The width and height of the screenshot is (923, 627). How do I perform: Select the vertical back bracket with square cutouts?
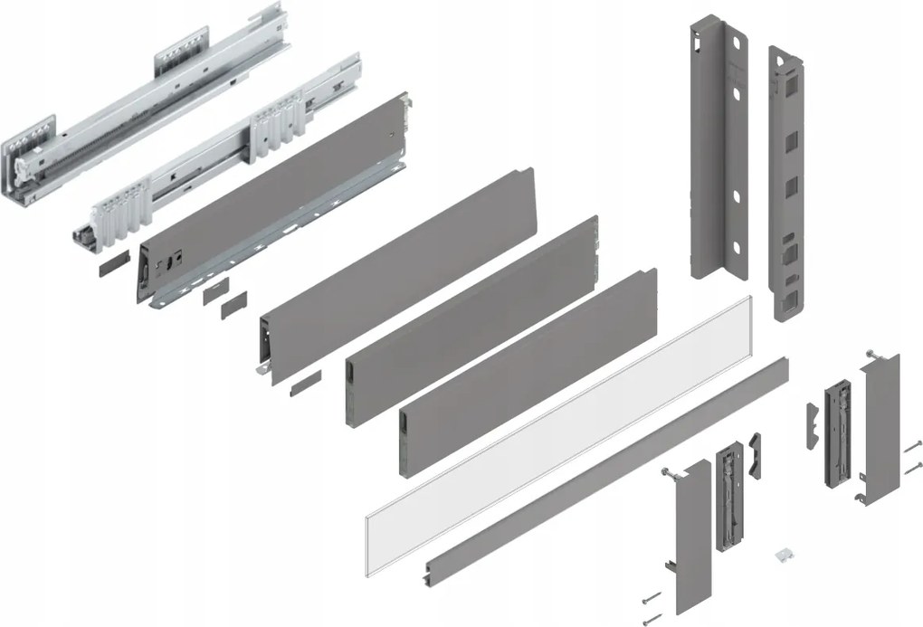(786, 181)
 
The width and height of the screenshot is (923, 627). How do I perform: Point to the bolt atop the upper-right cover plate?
(871, 353)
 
